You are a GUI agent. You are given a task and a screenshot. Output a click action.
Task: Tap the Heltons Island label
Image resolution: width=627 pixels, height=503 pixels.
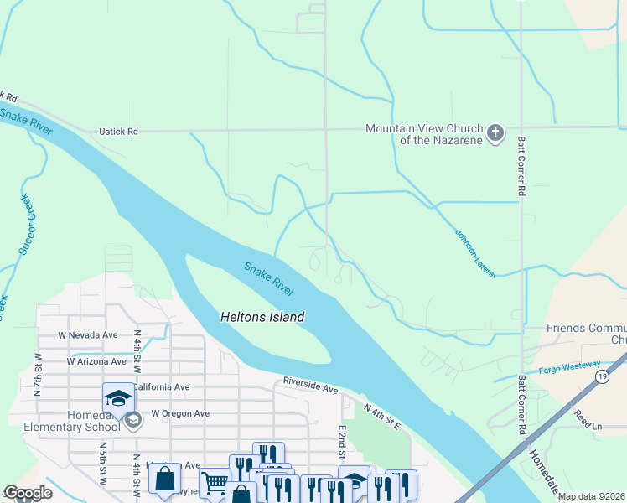(262, 318)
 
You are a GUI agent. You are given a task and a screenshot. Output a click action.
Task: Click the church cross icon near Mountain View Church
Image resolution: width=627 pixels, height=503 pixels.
(495, 133)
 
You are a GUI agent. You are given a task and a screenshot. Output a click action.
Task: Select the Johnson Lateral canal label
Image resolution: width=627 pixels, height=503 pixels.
(475, 254)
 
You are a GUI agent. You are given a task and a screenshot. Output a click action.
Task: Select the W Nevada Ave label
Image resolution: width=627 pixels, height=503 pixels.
(87, 334)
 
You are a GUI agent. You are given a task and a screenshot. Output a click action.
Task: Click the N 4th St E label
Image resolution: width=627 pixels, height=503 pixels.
(383, 415)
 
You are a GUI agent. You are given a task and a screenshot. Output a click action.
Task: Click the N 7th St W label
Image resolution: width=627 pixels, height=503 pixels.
(38, 370)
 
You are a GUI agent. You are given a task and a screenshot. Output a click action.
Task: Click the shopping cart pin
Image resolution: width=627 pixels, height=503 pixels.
(215, 483)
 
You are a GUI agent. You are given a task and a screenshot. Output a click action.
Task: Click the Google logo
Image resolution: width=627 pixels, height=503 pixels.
(28, 494)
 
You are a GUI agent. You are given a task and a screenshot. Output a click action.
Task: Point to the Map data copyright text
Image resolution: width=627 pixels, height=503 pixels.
(591, 496)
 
